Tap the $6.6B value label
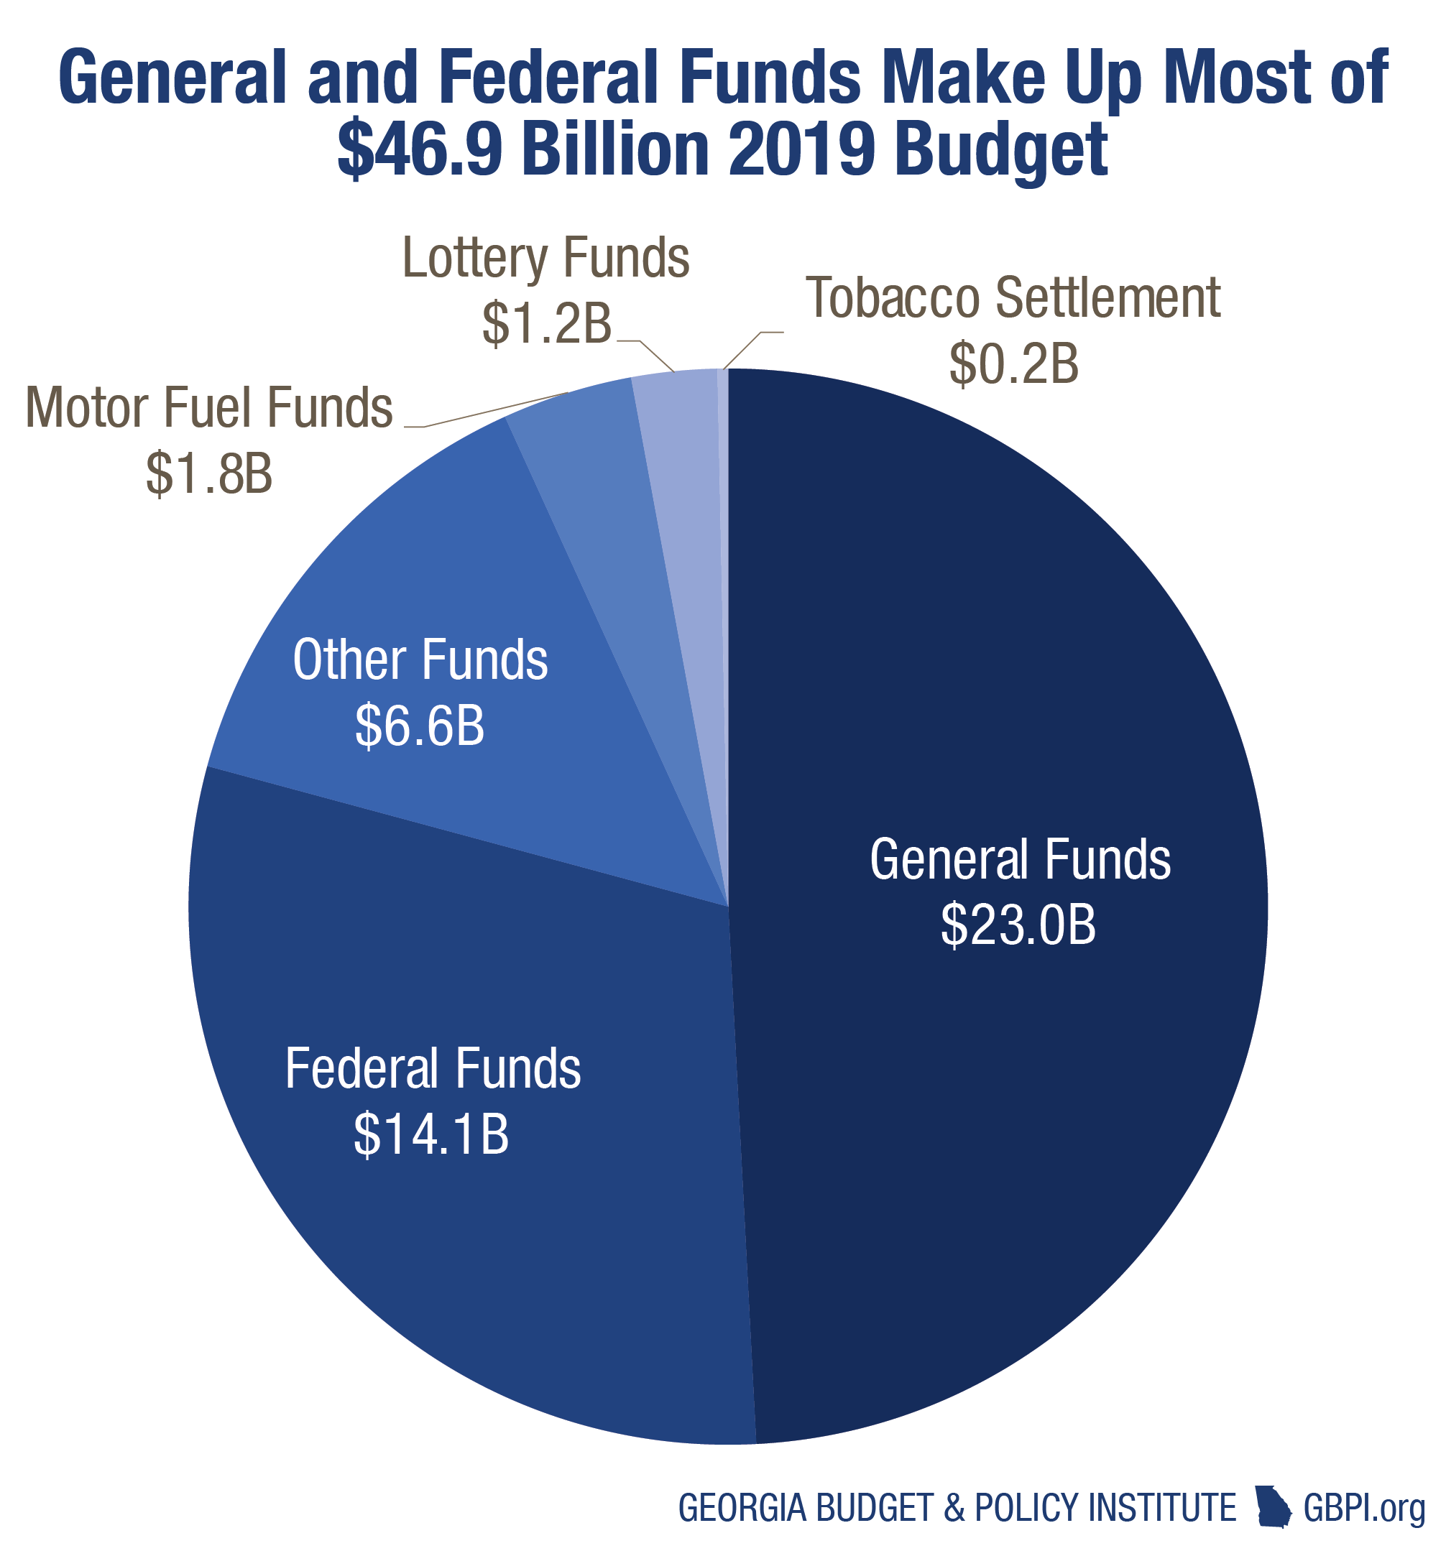point(420,726)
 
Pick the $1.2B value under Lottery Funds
point(546,323)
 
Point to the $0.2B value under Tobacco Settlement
point(1013,364)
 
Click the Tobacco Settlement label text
point(1013,297)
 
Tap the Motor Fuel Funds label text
point(209,407)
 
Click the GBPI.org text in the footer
point(1364,1507)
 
